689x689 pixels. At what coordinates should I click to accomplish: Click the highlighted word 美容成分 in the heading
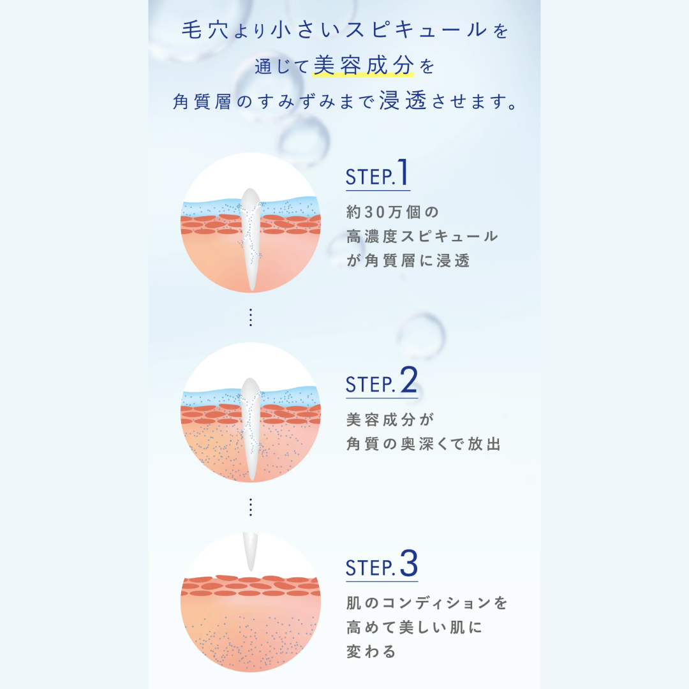364,66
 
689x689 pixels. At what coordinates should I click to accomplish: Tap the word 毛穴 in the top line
205,31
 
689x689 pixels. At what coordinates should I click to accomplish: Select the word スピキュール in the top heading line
417,31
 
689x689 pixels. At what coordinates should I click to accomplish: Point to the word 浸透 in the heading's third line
403,101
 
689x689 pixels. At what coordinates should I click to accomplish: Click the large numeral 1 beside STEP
403,172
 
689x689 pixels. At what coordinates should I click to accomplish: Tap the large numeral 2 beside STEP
409,380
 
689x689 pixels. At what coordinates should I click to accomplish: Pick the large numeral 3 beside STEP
409,563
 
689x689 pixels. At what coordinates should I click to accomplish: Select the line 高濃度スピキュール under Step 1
422,237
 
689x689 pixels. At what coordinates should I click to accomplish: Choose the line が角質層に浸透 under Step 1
408,260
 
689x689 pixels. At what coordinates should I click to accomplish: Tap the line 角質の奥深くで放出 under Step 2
424,444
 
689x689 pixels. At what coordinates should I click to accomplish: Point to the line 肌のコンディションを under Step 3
427,603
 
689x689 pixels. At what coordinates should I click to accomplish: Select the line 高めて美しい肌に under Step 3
414,627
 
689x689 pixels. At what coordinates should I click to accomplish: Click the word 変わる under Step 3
371,651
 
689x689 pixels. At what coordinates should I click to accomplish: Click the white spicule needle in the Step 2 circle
251,429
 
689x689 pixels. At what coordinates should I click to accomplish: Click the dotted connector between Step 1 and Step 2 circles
251,317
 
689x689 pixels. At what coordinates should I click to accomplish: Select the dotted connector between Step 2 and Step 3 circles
251,507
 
